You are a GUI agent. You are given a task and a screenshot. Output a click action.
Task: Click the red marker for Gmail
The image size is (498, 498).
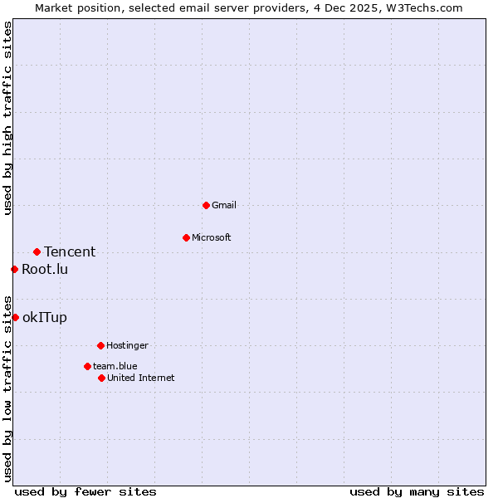click(x=206, y=205)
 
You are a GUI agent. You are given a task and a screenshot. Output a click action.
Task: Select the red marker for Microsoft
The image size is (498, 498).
click(x=186, y=237)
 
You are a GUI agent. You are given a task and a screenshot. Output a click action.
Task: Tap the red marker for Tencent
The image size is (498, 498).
click(x=37, y=251)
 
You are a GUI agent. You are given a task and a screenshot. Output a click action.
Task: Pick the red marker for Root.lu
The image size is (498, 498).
click(x=14, y=269)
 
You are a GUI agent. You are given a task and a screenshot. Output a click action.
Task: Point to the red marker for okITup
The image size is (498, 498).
click(x=15, y=317)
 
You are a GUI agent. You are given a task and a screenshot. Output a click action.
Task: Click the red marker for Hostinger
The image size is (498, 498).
click(x=100, y=345)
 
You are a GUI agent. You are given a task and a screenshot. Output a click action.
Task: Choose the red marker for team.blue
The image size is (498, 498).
click(x=87, y=366)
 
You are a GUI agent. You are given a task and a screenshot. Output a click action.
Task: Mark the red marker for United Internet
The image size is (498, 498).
click(x=101, y=378)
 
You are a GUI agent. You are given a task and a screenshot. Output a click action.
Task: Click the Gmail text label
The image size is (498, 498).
click(x=224, y=205)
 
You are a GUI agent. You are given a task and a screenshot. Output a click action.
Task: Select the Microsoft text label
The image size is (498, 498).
click(x=212, y=237)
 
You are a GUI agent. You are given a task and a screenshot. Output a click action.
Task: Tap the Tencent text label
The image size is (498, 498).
click(x=70, y=251)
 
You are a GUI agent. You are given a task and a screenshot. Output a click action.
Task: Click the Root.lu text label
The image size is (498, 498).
click(x=45, y=269)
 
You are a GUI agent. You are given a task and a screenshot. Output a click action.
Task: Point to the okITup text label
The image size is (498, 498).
click(x=45, y=317)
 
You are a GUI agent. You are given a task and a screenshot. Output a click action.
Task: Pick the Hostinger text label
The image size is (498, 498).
click(x=127, y=345)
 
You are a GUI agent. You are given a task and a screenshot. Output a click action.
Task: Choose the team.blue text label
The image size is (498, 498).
click(x=115, y=366)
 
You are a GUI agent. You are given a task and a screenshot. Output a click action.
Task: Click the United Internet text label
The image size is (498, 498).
click(x=141, y=378)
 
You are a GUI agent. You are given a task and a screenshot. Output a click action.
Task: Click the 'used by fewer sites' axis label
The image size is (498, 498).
click(x=85, y=491)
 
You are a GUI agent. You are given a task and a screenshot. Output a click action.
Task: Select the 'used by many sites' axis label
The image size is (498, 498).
click(x=417, y=491)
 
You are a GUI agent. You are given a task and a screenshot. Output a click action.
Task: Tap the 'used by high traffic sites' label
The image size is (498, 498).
click(x=7, y=118)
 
